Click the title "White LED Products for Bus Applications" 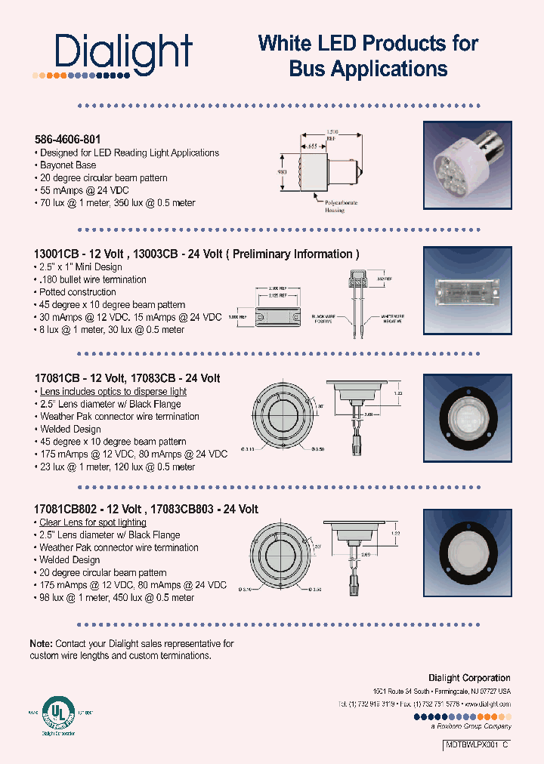click(368, 56)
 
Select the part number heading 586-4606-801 click(67, 140)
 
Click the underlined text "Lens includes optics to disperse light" click(113, 391)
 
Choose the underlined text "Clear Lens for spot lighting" click(93, 522)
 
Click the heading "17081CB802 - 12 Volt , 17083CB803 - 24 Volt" click(147, 510)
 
